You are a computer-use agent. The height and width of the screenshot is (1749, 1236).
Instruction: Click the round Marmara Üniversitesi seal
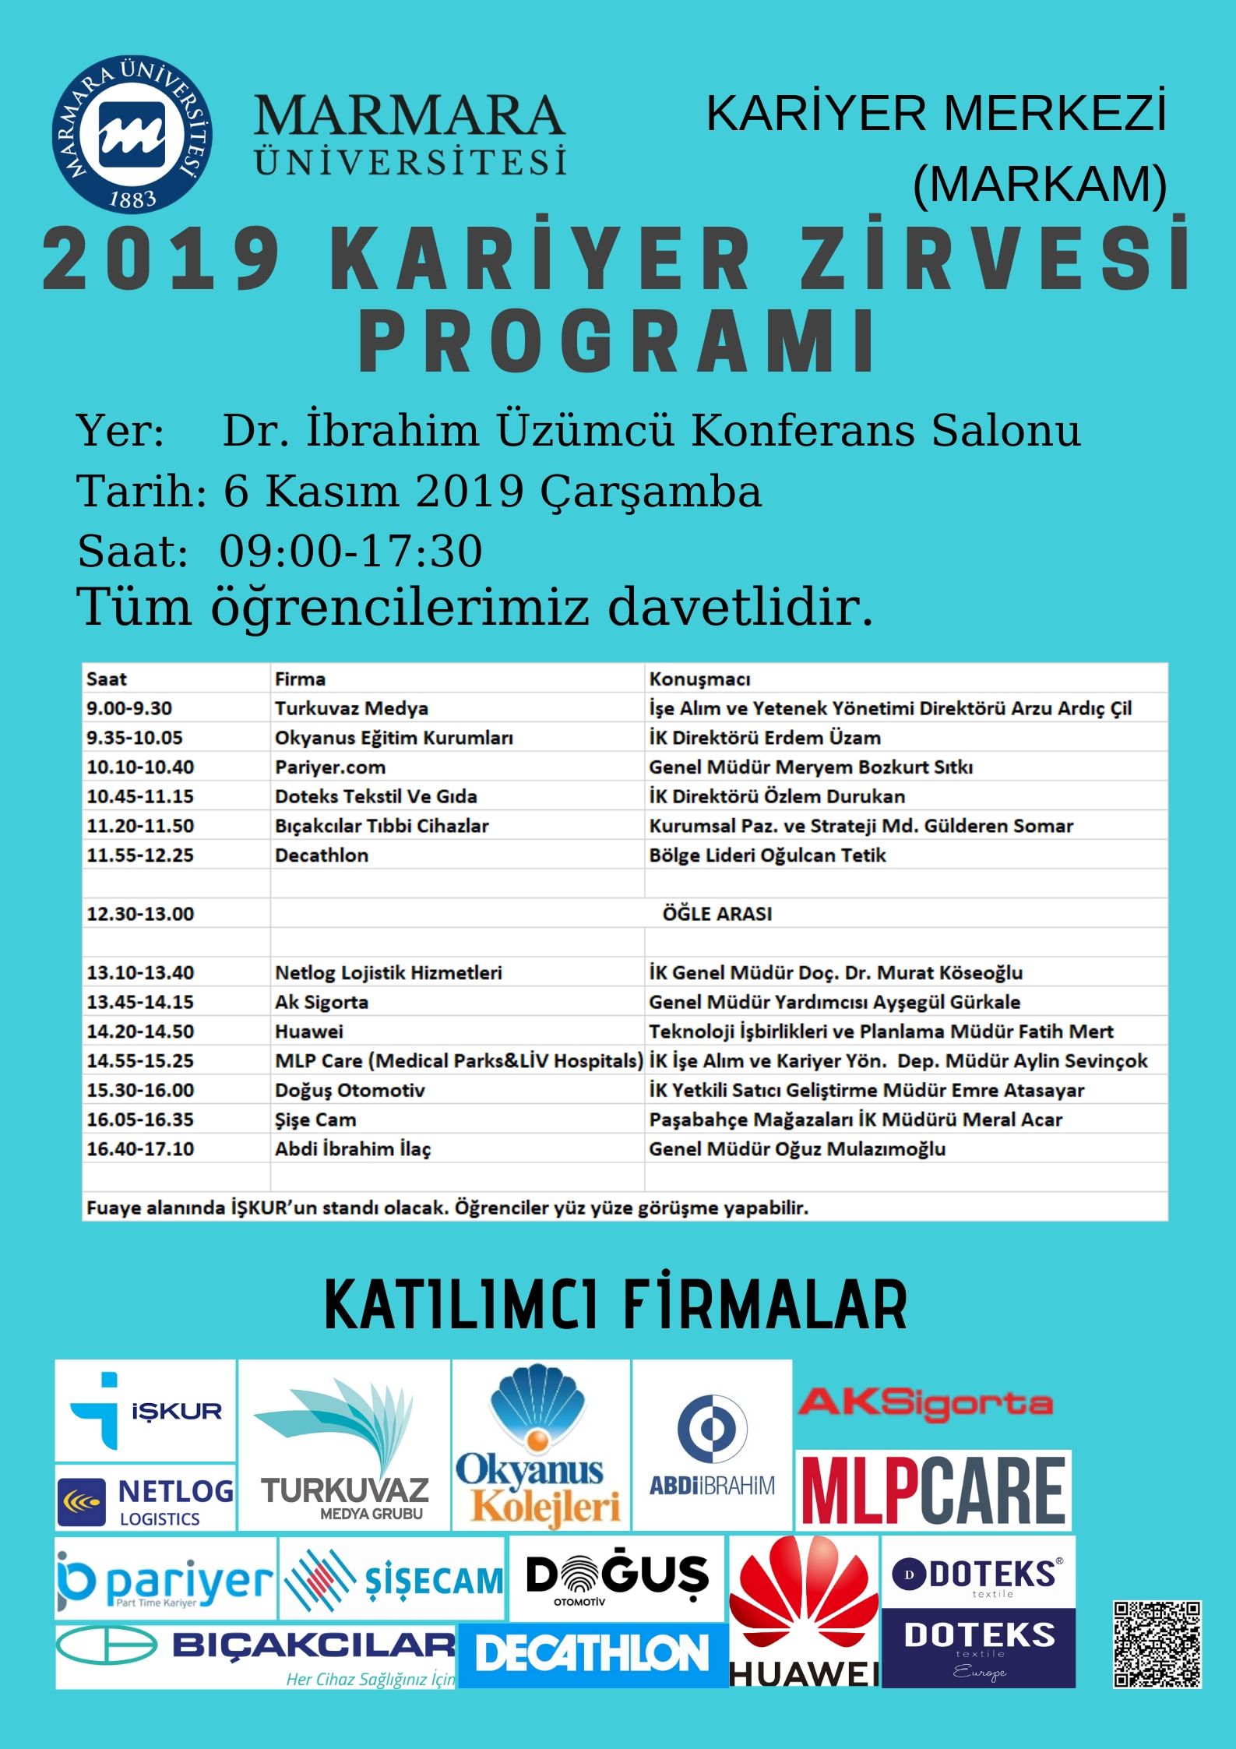click(x=132, y=134)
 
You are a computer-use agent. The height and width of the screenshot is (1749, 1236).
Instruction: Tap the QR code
click(x=1157, y=1644)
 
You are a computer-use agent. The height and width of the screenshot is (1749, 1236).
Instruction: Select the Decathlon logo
click(x=593, y=1653)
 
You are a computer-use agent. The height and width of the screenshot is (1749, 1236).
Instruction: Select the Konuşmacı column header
click(x=699, y=679)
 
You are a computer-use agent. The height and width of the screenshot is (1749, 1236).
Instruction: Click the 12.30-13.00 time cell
click(x=140, y=914)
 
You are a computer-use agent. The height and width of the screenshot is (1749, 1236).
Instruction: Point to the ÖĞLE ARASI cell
click(x=717, y=914)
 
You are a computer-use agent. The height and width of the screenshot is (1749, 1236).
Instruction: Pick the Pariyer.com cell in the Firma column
click(x=330, y=767)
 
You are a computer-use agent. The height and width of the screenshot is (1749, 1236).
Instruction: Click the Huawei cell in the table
click(x=309, y=1031)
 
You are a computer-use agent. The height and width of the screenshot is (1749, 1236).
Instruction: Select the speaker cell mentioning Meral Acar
click(x=855, y=1120)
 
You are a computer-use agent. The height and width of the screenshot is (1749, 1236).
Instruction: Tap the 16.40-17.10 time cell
click(x=140, y=1149)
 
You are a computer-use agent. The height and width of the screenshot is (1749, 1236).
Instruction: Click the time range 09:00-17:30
click(x=350, y=552)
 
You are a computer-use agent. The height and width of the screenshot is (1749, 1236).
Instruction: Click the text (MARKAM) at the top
click(x=1040, y=184)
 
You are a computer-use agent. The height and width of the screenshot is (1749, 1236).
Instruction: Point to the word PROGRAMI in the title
click(x=618, y=343)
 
